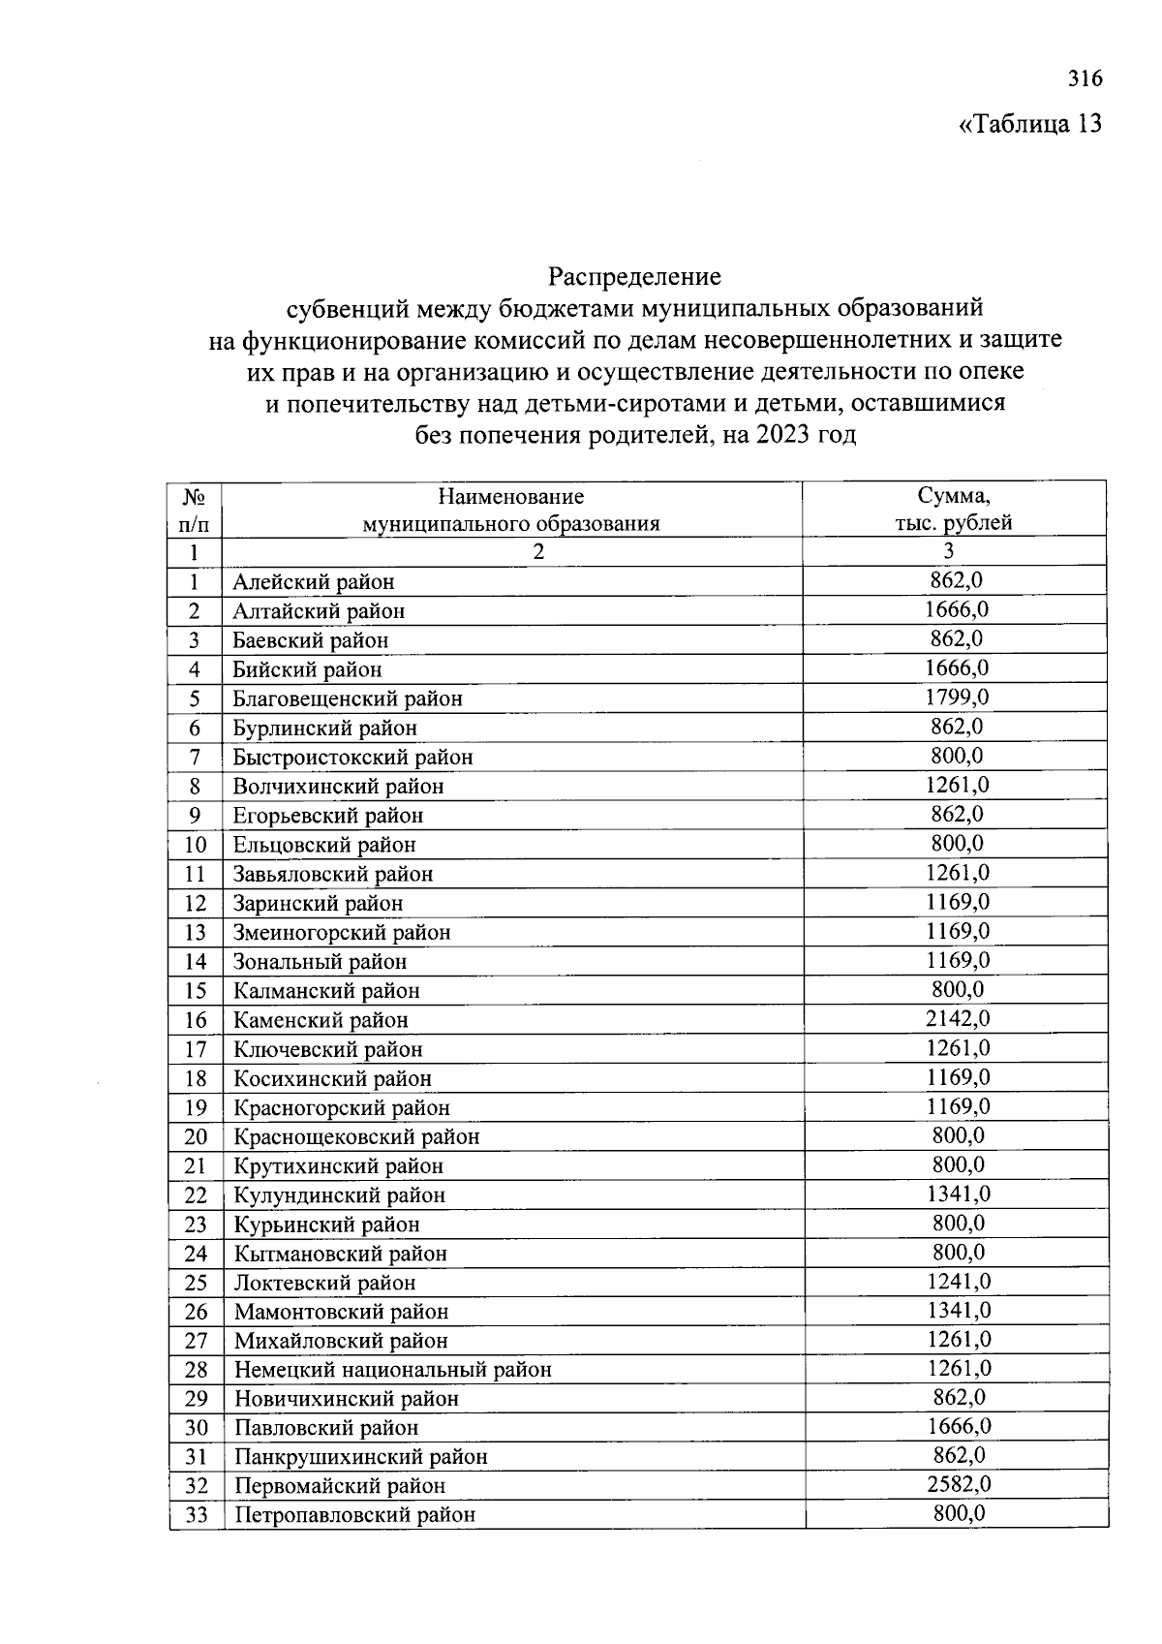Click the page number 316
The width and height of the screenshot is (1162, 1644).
tap(1085, 78)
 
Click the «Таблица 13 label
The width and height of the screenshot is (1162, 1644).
tap(1029, 124)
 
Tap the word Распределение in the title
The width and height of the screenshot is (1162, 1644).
tap(634, 277)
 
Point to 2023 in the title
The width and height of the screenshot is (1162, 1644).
tap(786, 435)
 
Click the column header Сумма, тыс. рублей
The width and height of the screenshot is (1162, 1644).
tap(953, 510)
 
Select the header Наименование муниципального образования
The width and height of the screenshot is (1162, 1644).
tap(511, 510)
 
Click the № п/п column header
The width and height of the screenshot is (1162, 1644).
tap(195, 510)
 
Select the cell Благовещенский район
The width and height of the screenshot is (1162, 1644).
tap(348, 698)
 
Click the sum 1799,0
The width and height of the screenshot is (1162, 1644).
tap(956, 698)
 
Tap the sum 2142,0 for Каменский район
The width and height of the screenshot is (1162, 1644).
tap(957, 1018)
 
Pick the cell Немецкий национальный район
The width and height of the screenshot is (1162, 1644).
tap(392, 1370)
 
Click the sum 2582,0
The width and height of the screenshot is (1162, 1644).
tap(958, 1484)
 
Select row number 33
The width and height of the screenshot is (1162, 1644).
tap(197, 1515)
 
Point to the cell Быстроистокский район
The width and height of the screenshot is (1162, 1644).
tap(352, 758)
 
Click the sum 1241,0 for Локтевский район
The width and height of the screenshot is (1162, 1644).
tap(958, 1281)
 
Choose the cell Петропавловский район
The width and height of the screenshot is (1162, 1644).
tap(354, 1515)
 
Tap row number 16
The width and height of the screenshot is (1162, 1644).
tap(196, 1020)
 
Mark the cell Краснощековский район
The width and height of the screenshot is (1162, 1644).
tap(356, 1136)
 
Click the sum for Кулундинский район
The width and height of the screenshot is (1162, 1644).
tap(958, 1194)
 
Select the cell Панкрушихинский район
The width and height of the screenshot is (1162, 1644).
tap(360, 1457)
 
